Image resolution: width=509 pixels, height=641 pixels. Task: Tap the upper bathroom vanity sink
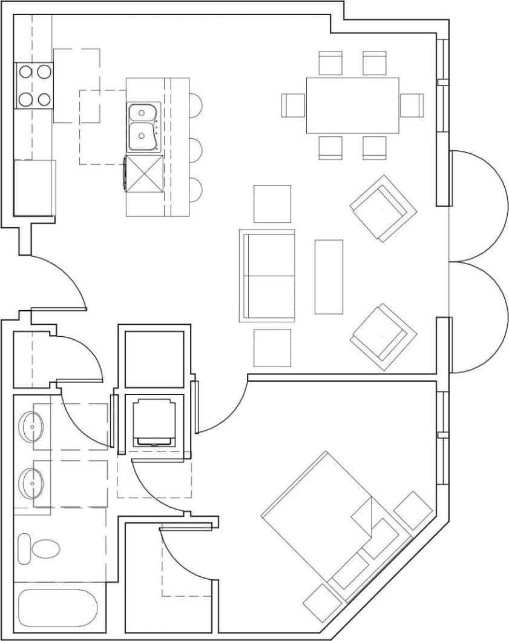click(30, 427)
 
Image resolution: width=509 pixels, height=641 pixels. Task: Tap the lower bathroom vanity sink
click(30, 483)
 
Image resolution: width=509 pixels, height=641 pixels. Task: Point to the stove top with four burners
click(34, 85)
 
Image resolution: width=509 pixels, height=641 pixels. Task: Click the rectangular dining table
click(352, 105)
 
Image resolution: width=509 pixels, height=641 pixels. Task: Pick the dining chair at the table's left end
click(294, 105)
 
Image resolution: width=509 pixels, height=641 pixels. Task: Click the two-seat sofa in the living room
click(268, 276)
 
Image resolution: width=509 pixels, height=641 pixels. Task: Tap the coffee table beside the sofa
click(329, 276)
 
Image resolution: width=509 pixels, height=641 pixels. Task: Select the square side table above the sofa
click(272, 204)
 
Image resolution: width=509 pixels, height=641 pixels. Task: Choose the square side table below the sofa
click(272, 348)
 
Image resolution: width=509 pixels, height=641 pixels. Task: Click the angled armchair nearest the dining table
click(383, 208)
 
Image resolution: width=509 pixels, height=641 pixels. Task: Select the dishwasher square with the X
click(144, 173)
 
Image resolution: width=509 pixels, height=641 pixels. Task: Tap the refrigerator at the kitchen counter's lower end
click(34, 187)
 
